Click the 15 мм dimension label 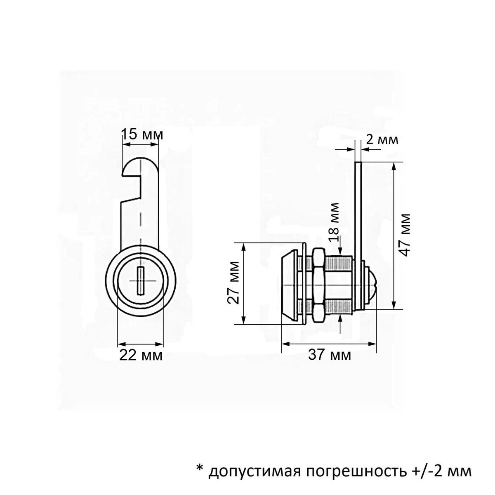coord(142,134)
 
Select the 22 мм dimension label coord(141,355)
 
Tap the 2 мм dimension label coord(382,140)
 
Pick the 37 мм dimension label coord(330,356)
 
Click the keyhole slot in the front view coord(140,280)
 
